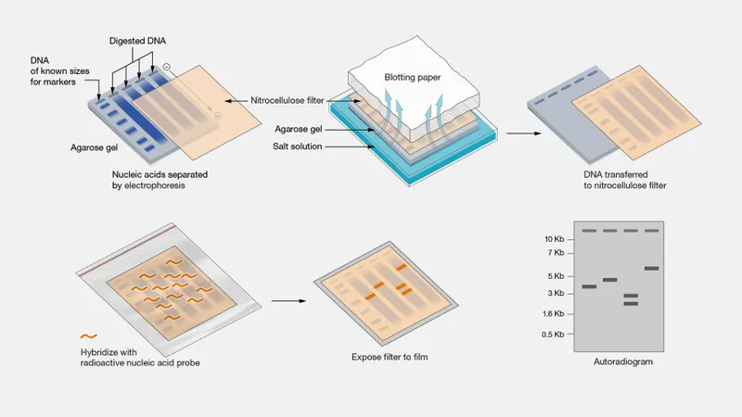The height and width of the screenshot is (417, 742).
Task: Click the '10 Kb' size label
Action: [554, 239]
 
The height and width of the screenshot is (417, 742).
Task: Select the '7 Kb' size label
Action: [556, 253]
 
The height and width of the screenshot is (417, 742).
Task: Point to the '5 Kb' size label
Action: [556, 276]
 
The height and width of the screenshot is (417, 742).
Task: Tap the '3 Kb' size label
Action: [556, 294]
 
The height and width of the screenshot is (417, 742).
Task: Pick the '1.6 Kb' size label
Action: [553, 314]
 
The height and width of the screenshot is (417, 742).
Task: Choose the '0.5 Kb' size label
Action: [553, 334]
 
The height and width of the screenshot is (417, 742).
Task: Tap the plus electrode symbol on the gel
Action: [217, 116]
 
